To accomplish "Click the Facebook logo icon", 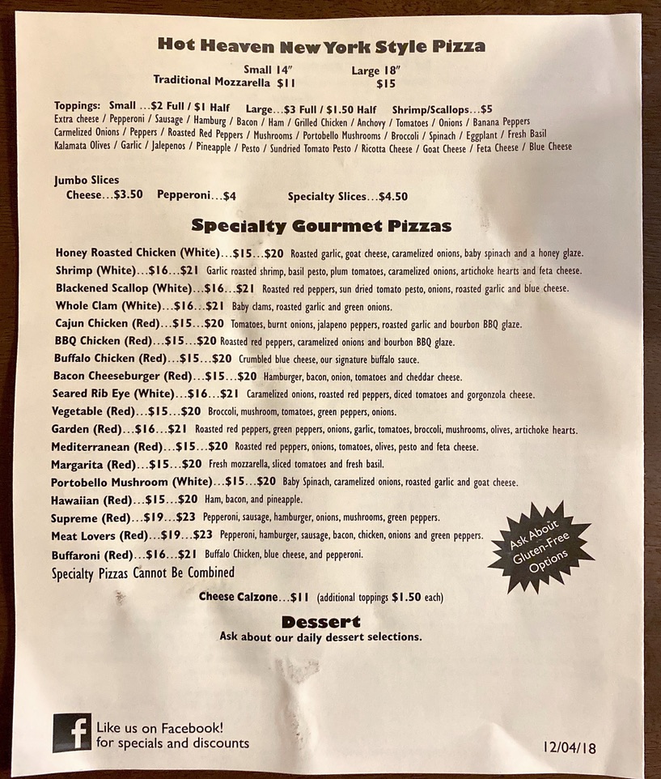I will tap(72, 733).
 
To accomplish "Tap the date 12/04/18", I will tap(570, 747).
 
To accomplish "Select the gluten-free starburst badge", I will tap(540, 547).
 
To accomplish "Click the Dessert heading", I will tap(320, 622).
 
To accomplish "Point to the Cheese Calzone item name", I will tap(238, 598).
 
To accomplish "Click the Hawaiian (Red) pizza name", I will tap(89, 500).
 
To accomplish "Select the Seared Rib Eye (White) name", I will tap(112, 394).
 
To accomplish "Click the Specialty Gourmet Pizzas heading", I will tap(320, 225).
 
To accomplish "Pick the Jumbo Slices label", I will tap(87, 180).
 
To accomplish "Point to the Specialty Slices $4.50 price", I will tap(348, 196).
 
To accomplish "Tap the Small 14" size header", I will tap(269, 70).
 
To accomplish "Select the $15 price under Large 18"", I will tap(386, 83).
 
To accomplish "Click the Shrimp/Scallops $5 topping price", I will tap(442, 108).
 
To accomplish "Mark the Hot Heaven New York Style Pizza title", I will tap(321, 45).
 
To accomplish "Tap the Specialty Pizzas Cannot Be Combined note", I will tap(142, 573).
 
